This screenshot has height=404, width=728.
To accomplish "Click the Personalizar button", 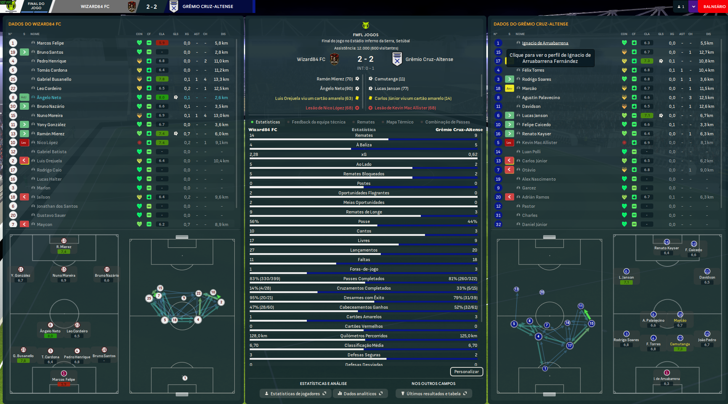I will click(466, 372).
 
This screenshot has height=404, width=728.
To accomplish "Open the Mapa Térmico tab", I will click(399, 122).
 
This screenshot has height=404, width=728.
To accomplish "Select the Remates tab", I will click(366, 122).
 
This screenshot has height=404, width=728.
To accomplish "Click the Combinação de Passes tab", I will click(447, 122).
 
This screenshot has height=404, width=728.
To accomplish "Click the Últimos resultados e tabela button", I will click(433, 394).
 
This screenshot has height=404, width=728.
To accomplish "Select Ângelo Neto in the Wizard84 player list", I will click(49, 98).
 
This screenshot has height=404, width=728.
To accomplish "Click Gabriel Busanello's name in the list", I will click(54, 79).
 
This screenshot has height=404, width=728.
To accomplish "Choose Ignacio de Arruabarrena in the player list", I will click(545, 43).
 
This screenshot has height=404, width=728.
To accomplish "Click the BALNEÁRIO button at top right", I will click(714, 6).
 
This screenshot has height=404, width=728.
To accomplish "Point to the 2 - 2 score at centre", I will click(365, 59).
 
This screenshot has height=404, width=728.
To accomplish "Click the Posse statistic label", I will click(364, 221).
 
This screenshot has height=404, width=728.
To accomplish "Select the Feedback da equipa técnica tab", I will click(318, 122).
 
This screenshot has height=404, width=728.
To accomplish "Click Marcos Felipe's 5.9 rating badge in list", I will click(162, 43).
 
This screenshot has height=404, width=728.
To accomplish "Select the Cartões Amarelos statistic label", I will click(364, 317).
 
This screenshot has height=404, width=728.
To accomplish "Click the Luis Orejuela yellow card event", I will click(314, 98).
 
